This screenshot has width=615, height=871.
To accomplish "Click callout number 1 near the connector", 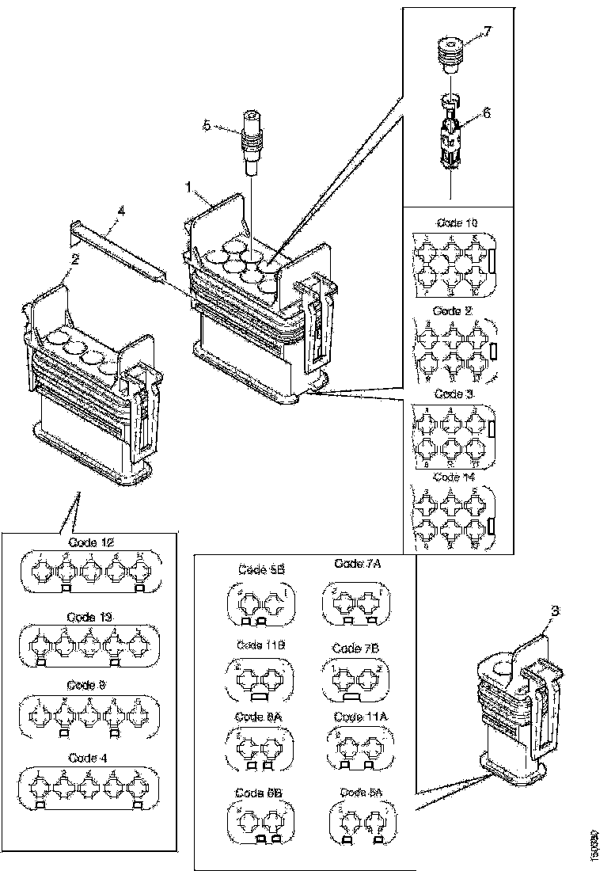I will pos(189,187).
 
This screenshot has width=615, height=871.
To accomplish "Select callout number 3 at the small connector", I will pos(555,611).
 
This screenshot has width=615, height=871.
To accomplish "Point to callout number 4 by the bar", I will pos(120,211).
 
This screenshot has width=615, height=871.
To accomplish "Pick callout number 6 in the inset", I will pos(487,113).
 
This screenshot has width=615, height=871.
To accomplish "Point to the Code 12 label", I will pos(91,543).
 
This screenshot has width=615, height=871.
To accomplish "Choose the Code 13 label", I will pos(91,615).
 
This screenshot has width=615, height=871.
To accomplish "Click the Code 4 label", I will pos(87,757).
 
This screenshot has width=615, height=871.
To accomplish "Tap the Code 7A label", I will pos(356,564).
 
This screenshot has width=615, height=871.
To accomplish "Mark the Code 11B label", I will pos(255,645).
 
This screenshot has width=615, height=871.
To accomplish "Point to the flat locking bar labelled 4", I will pos(119,247).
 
